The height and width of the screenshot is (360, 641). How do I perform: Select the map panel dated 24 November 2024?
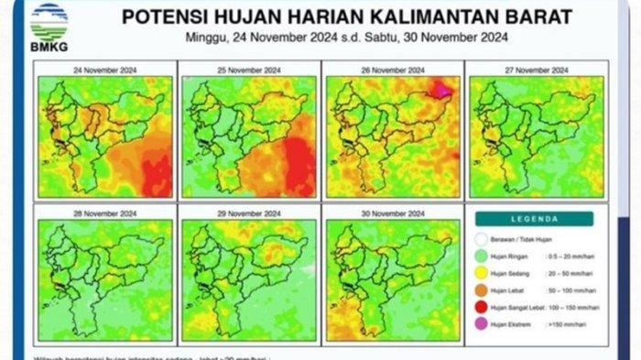pyautogui.click(x=103, y=136)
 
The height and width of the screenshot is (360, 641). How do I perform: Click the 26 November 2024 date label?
pyautogui.click(x=393, y=71)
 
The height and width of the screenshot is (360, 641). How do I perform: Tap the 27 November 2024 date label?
pyautogui.click(x=536, y=71)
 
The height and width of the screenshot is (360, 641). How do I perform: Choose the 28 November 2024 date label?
pyautogui.click(x=103, y=214)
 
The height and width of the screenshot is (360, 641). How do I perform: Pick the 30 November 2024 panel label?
pyautogui.click(x=393, y=214)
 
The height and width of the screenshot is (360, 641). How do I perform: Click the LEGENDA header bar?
pyautogui.click(x=535, y=219)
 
